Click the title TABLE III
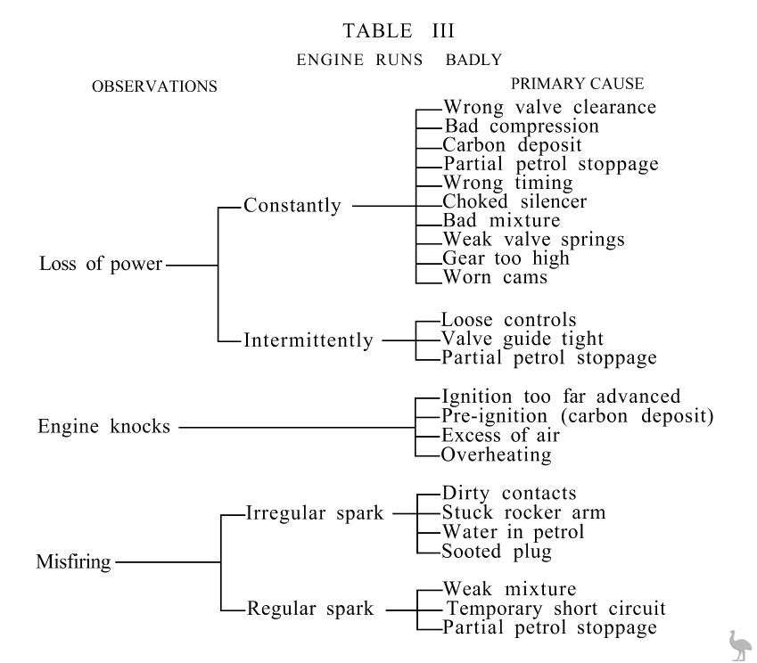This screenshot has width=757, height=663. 399,31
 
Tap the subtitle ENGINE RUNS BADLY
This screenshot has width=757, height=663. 399,61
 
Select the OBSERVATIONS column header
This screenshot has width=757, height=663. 154,87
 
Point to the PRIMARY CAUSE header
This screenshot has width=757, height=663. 577,84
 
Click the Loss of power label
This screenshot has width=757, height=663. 101,265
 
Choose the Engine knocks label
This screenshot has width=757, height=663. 103,427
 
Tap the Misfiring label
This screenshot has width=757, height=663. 73,562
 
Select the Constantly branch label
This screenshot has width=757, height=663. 292,206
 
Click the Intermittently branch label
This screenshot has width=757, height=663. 309,340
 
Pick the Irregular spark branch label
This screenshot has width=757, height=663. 314,514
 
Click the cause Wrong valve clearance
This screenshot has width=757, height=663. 549,108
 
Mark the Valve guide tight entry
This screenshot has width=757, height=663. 522,340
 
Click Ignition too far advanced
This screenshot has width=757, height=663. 561,397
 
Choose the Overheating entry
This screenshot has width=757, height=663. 497,455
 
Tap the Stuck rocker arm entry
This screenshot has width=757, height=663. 523,513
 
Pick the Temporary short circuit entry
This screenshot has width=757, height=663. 555,610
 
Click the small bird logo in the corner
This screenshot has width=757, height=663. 739,645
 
